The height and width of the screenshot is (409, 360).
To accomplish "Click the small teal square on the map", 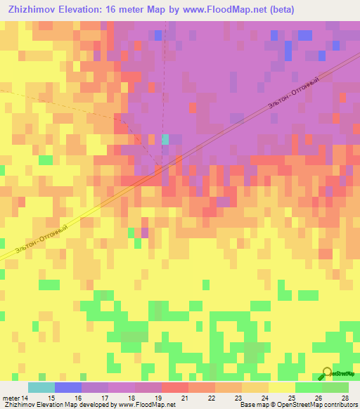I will (x=165, y=139).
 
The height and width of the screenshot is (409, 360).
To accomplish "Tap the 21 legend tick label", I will (x=184, y=398).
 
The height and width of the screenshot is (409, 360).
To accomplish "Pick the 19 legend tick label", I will (x=157, y=398).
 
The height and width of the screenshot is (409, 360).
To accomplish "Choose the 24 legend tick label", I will (x=263, y=398).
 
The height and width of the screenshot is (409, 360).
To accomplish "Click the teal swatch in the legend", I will (x=41, y=387).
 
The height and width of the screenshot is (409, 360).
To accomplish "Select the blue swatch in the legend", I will (x=67, y=387).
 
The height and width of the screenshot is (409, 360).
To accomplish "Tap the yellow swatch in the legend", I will (x=281, y=387).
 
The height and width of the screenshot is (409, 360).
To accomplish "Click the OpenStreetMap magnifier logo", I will (x=326, y=373).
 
